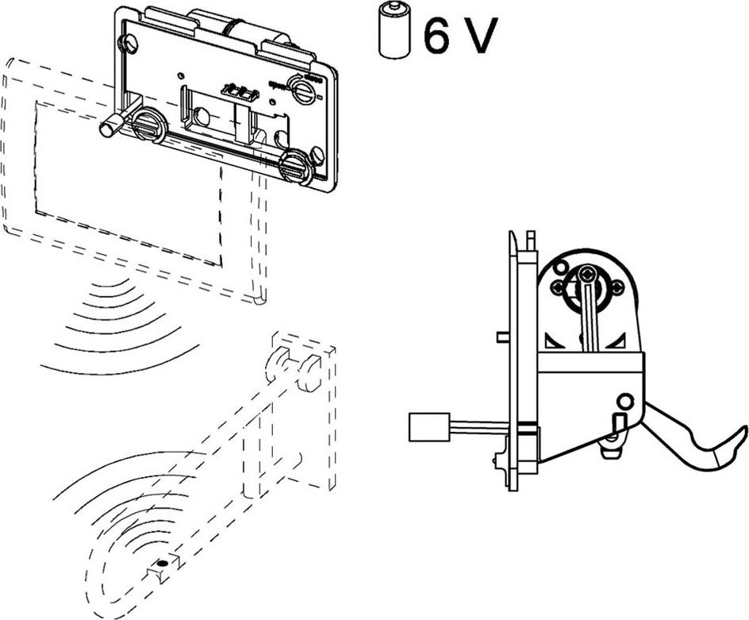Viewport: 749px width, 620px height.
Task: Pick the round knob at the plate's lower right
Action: [x=294, y=167]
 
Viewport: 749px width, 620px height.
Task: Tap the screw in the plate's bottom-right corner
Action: [x=318, y=154]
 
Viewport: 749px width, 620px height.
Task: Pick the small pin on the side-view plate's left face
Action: [x=501, y=337]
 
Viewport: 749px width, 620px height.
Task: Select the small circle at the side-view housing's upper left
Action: [x=561, y=267]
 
